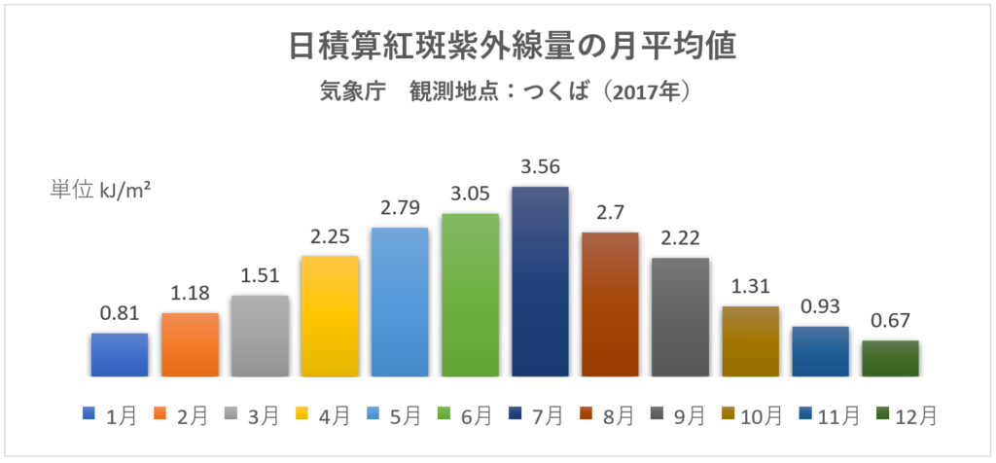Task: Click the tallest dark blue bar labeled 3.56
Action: pos(540,281)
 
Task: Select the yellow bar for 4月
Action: pos(330,316)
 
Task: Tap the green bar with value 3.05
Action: pos(470,295)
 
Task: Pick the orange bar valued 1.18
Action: pos(190,344)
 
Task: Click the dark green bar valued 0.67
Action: pos(890,358)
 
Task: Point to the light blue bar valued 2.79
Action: pos(400,302)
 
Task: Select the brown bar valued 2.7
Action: pos(610,303)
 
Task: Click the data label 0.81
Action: pos(120,313)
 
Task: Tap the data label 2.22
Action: pos(680,238)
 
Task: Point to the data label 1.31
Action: pos(750,287)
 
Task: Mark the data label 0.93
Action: pos(820,306)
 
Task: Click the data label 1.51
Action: pos(260,275)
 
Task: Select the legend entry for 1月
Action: pos(110,416)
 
